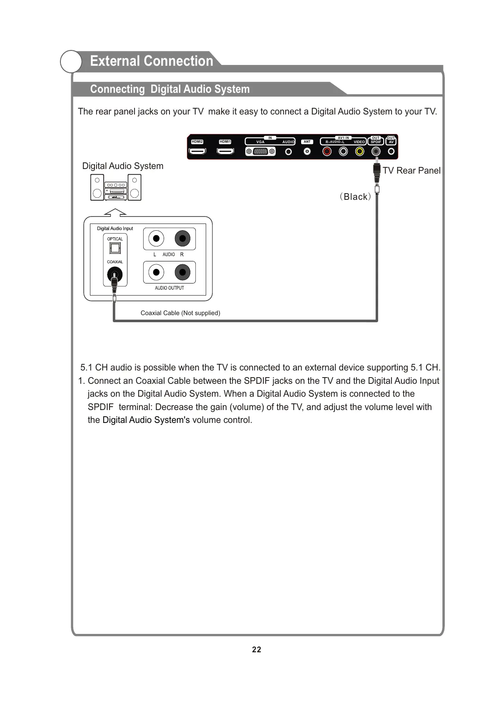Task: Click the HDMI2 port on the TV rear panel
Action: (197, 152)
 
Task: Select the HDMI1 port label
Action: (225, 142)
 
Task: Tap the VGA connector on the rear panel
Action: (260, 152)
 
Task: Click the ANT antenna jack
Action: (307, 152)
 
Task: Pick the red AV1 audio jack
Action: (327, 152)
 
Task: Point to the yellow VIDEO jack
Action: (359, 152)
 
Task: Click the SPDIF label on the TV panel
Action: (376, 142)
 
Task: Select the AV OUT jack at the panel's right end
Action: (391, 152)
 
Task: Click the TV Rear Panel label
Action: (411, 171)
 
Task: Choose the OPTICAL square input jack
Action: (115, 249)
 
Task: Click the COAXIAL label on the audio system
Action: (115, 262)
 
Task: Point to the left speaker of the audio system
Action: (97, 187)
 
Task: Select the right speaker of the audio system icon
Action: (135, 187)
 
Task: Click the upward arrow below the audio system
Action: (115, 212)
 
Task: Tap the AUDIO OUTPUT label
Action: (169, 288)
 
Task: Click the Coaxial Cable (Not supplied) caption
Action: (180, 313)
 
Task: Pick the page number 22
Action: (257, 650)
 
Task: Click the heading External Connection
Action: (152, 61)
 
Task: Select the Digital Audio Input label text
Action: (115, 229)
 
